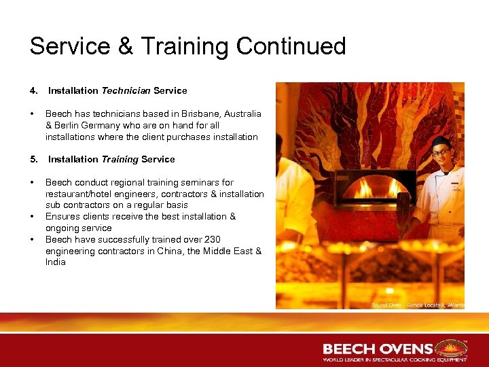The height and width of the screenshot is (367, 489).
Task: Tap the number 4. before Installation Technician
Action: pos(33,90)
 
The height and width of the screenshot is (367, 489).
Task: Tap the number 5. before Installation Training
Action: pos(33,159)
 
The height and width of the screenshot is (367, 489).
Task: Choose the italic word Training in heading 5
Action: pos(120,159)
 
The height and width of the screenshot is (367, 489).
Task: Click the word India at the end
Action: pos(56,262)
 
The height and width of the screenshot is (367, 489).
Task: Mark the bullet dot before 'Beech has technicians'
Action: pos(33,113)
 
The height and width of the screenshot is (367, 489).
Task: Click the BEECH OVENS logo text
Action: pos(378,349)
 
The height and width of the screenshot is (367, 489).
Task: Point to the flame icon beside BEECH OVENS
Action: pos(450,347)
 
